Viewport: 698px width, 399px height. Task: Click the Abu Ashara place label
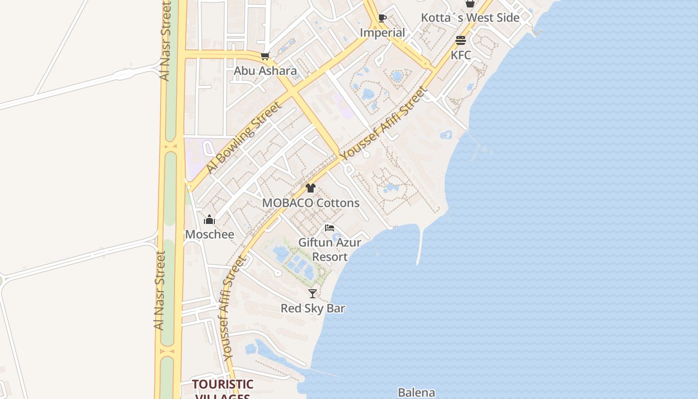point(265,71)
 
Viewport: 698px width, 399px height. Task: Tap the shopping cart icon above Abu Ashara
point(265,56)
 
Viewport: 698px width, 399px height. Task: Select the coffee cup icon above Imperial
point(382,18)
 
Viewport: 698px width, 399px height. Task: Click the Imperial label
point(382,32)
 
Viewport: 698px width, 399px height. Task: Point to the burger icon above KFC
point(460,40)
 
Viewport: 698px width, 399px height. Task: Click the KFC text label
point(460,55)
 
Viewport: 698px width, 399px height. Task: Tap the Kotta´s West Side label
point(470,18)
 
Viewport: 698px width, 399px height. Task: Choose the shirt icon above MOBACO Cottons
point(311,188)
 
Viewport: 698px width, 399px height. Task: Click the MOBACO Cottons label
point(311,203)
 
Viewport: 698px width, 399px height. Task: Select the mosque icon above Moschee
point(209,219)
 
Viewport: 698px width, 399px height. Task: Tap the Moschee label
point(209,234)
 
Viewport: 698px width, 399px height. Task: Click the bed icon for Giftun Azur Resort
point(329,228)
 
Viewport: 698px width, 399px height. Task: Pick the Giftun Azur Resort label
point(330,249)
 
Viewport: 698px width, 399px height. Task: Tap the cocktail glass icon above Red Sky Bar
point(313,294)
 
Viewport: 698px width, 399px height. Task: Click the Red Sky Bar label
point(313,308)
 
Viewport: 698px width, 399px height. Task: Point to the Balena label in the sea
point(416,393)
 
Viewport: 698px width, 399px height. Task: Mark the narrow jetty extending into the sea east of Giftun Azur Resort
point(420,247)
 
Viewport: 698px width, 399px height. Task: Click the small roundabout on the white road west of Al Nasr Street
point(124,74)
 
